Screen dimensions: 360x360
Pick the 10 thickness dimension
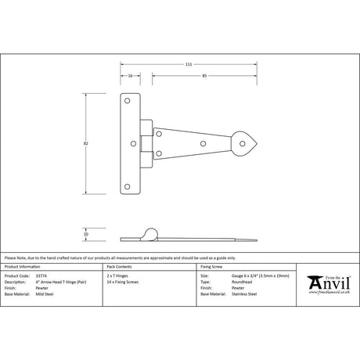point(86,233)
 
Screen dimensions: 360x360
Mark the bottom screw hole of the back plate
point(129,186)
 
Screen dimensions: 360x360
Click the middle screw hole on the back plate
point(129,143)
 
